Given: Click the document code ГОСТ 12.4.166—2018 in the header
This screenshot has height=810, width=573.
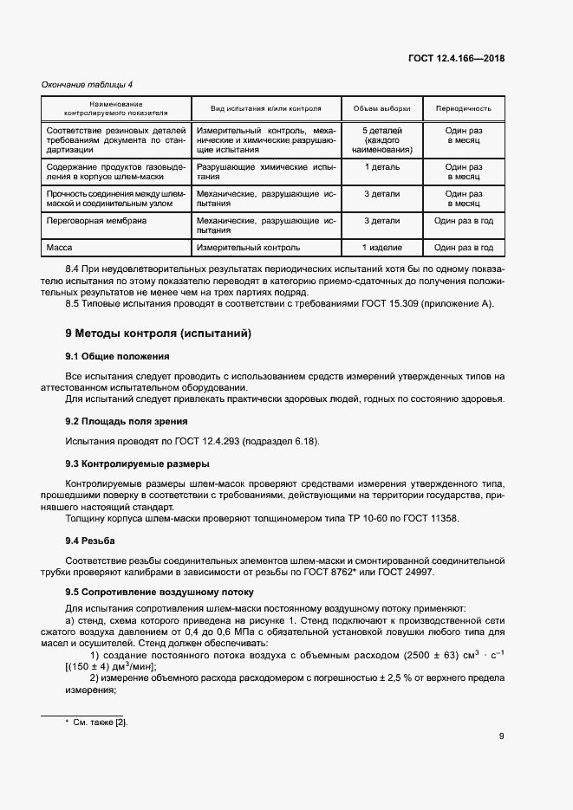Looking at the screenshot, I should [456, 59].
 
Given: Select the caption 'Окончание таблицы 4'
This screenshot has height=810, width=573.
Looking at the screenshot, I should [88, 84].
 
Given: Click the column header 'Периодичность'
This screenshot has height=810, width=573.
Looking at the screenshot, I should [464, 109].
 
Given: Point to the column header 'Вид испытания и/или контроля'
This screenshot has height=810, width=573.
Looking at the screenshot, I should [265, 109].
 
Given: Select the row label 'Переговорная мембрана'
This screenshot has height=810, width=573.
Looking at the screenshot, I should [96, 221].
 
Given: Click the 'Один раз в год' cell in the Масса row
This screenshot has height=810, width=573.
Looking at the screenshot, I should [464, 248].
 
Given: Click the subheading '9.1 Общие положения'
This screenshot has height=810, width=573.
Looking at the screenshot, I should [118, 356].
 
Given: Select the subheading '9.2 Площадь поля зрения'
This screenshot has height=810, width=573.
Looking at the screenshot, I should [127, 421].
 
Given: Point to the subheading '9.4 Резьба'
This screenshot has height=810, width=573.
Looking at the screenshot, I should [90, 541].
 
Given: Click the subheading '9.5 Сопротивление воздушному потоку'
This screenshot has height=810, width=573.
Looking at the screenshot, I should [160, 593].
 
